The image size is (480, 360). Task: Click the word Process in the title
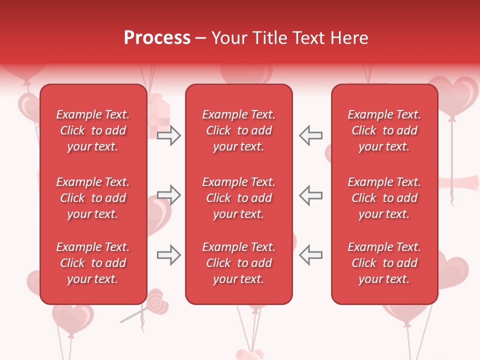point(157,38)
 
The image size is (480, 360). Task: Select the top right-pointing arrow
point(168,135)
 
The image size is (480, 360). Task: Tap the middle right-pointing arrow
point(168,195)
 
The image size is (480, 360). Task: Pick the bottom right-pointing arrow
point(168,255)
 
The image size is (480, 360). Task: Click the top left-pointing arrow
point(310,135)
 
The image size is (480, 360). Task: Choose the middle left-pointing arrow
point(310,195)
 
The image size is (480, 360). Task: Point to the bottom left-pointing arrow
point(310,255)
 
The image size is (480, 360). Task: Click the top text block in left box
point(93,130)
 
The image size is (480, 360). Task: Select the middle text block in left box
point(93,198)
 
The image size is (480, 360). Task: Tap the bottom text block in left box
point(93,263)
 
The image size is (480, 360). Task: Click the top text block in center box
point(238,130)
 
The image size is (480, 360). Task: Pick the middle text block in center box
point(238,198)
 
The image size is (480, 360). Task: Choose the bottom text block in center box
point(238,263)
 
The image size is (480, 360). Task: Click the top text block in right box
point(384,130)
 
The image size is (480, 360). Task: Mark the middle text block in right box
point(384,198)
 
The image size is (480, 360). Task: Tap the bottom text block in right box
point(384,263)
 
